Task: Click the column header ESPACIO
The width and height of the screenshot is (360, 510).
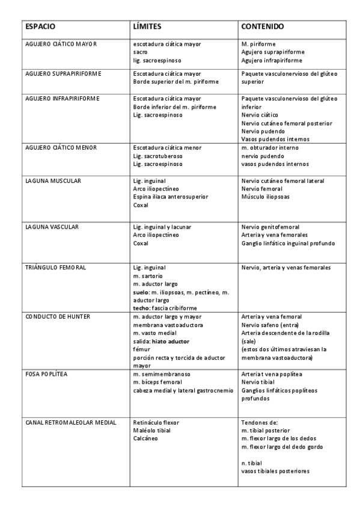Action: [40, 28]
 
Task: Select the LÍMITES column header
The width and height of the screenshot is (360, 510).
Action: [147, 28]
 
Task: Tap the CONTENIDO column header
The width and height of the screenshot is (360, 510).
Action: [263, 28]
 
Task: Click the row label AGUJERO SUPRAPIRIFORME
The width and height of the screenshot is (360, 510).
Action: [63, 73]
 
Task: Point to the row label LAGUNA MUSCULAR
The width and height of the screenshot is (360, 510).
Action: [53, 180]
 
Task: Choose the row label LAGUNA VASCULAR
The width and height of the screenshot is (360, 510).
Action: [53, 227]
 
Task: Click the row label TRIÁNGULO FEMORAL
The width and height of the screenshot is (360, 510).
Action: [56, 267]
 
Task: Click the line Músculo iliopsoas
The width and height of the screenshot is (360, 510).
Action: [266, 197]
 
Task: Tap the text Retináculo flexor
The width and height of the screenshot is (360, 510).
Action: [156, 423]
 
